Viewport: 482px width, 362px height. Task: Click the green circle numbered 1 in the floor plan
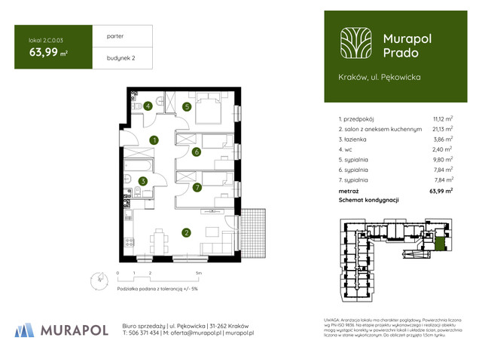153,140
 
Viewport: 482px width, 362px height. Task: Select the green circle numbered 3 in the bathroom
142,181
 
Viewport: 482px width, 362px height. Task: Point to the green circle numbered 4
149,106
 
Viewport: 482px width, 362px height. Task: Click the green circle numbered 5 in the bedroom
186,107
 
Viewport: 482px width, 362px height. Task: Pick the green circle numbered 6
196,152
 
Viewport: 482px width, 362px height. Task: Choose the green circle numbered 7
196,187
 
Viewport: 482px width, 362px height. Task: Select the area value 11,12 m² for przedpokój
442,119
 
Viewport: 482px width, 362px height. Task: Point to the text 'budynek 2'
111,57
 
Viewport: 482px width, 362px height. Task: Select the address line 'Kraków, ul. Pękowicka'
380,77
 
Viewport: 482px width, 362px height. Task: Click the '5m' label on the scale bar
198,272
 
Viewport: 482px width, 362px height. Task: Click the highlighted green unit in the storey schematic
440,242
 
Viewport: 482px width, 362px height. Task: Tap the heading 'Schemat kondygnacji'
368,200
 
